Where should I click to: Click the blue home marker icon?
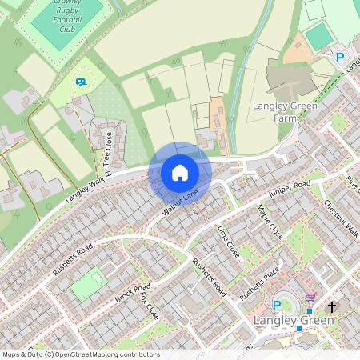180,173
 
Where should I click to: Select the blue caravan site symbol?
79,81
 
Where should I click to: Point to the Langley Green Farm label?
285,113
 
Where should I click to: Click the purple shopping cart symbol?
310,297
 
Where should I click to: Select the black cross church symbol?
332,306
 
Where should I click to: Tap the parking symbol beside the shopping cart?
278,305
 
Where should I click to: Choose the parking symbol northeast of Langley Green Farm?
340,58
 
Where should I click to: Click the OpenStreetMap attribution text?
81,354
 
